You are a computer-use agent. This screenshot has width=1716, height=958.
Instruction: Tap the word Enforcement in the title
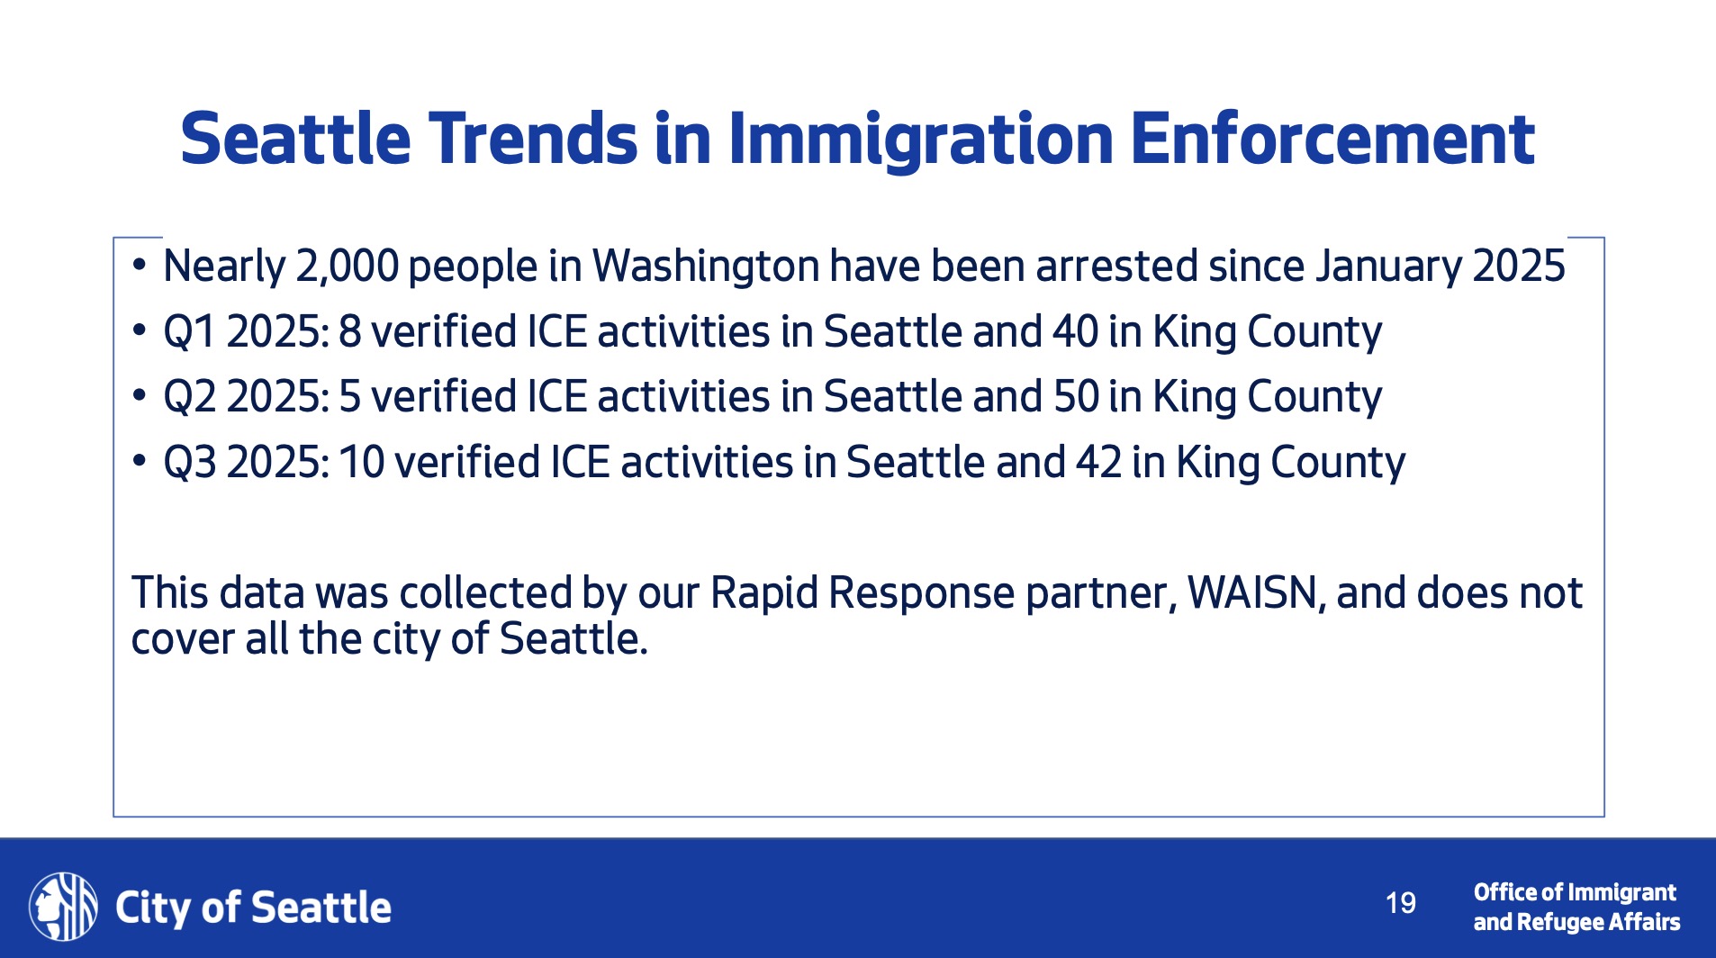[x=1332, y=140]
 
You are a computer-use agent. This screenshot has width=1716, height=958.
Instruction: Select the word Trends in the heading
[x=533, y=140]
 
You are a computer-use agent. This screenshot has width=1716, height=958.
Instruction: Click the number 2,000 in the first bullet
[x=347, y=267]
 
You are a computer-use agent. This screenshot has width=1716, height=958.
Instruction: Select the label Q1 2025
[x=246, y=332]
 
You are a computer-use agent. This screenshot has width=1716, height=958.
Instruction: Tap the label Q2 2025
[x=246, y=397]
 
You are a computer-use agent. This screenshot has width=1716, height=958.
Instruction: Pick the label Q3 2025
[x=246, y=463]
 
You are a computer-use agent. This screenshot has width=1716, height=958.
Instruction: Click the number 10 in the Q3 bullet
[x=362, y=463]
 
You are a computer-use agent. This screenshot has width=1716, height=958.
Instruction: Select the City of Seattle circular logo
[x=63, y=906]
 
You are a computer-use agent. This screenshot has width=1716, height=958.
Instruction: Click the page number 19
[x=1400, y=903]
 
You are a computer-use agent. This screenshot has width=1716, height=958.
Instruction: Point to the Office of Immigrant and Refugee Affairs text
[x=1576, y=908]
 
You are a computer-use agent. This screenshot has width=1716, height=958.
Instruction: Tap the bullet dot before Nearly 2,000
[x=139, y=266]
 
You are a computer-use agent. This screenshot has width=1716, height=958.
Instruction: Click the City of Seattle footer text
[x=253, y=908]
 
